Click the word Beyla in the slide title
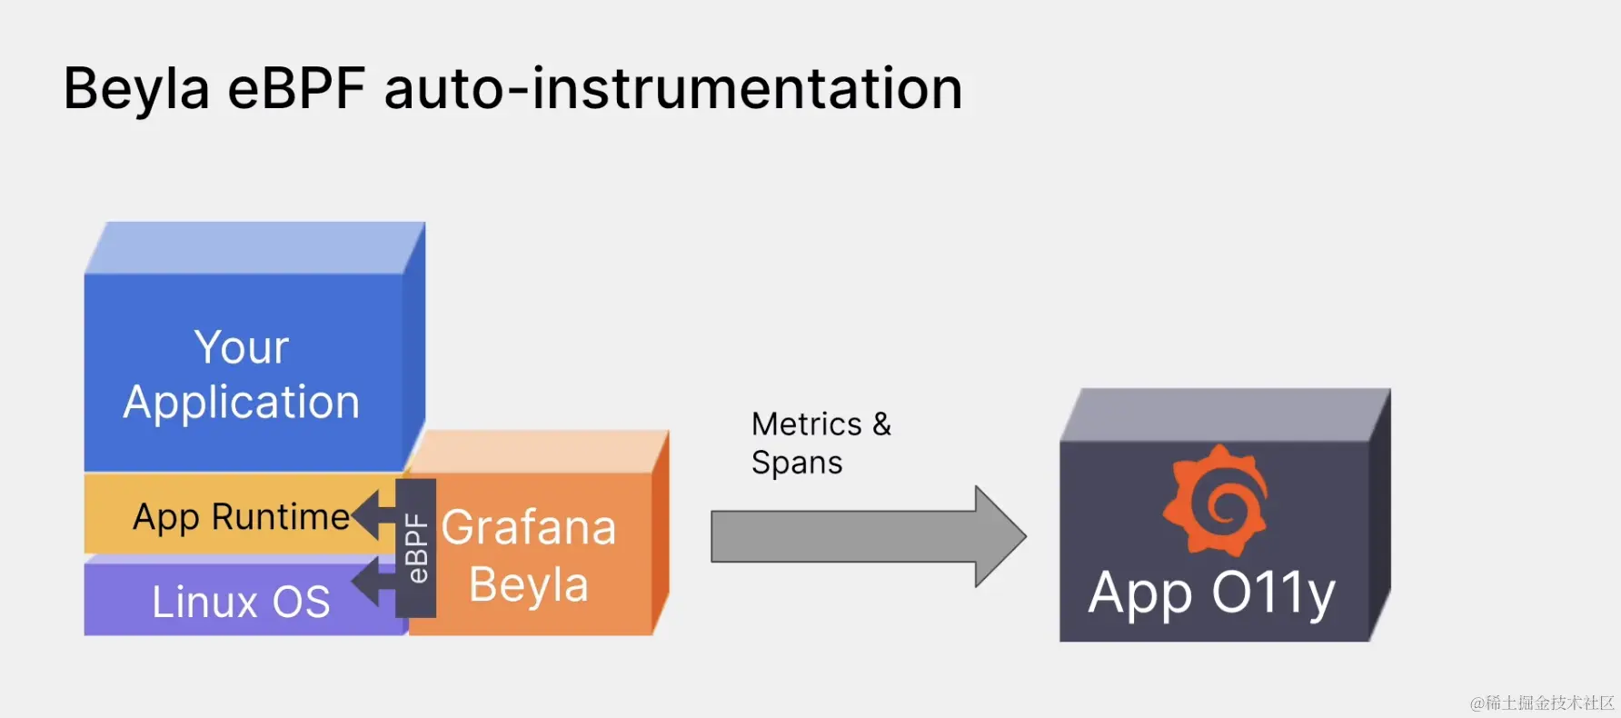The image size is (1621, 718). tap(136, 89)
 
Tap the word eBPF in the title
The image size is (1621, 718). tap(296, 89)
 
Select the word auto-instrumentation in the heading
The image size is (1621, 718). tap(673, 89)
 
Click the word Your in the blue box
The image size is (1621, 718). tap(242, 347)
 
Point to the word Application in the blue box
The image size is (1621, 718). tap(242, 403)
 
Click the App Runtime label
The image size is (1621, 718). tap(241, 516)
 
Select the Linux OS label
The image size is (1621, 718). tap(241, 602)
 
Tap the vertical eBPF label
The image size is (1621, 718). tap(416, 548)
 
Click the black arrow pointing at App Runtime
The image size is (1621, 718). tap(373, 514)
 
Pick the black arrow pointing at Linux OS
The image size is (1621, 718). tap(373, 582)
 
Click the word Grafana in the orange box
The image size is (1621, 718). tap(529, 528)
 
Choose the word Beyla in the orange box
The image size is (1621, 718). tap(529, 584)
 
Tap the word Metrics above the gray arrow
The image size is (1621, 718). tap(807, 424)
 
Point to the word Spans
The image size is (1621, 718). tap(797, 464)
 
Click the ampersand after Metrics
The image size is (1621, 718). tap(881, 424)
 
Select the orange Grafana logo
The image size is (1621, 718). tap(1215, 501)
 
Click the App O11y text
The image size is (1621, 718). tap(1212, 593)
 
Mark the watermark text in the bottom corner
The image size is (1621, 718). tap(1542, 703)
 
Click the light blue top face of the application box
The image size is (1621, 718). tap(254, 248)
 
